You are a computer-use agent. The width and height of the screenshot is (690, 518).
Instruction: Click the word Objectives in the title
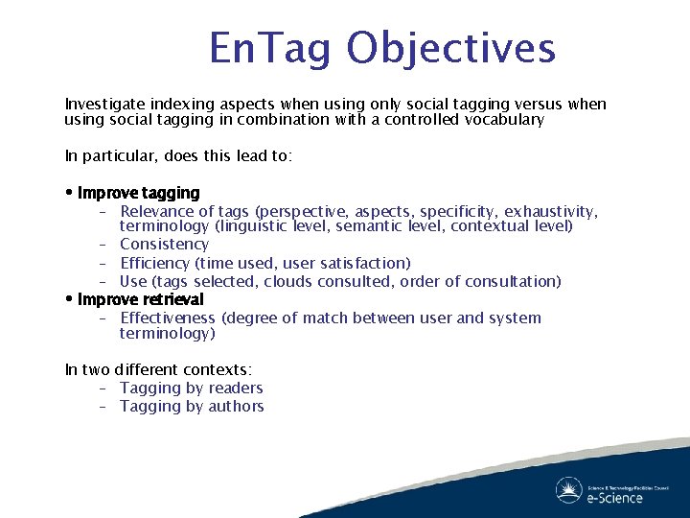(x=451, y=48)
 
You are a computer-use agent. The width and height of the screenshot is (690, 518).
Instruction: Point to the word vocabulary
(x=497, y=120)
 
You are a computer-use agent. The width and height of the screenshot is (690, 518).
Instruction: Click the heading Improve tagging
(x=139, y=193)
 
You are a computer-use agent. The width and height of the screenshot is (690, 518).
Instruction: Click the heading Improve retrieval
(x=141, y=299)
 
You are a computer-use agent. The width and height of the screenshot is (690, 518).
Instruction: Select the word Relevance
(x=157, y=211)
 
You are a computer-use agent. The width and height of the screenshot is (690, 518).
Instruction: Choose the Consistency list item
(x=164, y=245)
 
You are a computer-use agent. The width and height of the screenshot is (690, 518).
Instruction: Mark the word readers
(x=237, y=388)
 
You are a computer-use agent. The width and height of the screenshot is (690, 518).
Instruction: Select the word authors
(x=238, y=406)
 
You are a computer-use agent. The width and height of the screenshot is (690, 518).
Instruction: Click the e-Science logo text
(x=614, y=497)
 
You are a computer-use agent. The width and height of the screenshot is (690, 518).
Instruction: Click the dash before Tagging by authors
(x=102, y=406)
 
